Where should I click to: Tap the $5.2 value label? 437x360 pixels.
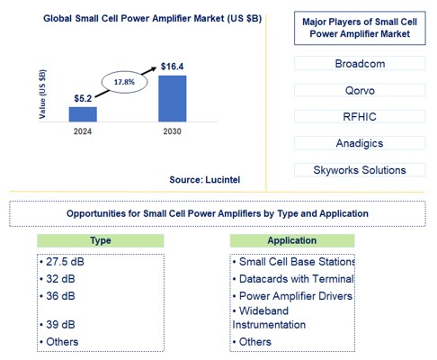coord(83,96)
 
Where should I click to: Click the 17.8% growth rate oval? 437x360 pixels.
coord(124,82)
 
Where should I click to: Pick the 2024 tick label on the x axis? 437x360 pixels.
coord(83,130)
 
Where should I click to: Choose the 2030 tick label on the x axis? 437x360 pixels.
coord(173,130)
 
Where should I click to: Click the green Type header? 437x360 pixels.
coord(101,241)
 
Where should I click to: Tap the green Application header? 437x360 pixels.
coord(292,241)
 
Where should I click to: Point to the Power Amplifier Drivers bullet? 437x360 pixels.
coord(293,295)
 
